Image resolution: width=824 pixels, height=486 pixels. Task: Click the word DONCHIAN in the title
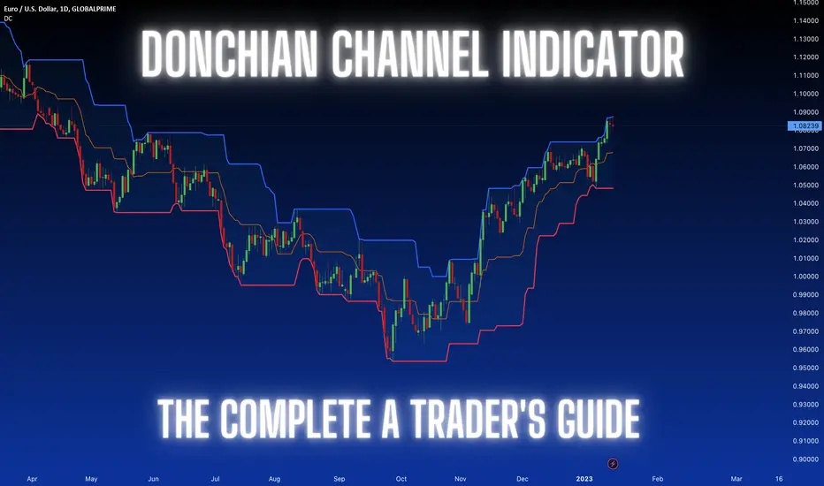click(229, 53)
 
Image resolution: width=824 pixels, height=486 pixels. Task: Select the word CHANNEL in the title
click(410, 53)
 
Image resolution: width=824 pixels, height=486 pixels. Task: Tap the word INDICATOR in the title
click(593, 53)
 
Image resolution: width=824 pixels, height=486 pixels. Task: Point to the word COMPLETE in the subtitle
click(295, 418)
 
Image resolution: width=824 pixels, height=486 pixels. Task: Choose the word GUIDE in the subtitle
click(599, 418)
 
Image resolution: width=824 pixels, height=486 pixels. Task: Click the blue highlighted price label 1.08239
click(805, 126)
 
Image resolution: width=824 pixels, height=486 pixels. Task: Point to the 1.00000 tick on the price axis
click(805, 277)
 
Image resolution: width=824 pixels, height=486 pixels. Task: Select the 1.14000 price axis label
click(805, 20)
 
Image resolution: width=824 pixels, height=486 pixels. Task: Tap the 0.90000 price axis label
click(805, 459)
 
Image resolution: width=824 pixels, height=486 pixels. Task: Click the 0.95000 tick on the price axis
click(805, 368)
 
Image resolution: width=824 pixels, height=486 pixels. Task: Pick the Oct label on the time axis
click(401, 479)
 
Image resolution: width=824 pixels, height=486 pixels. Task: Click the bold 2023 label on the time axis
click(584, 479)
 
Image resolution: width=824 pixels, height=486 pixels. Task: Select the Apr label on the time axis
click(32, 479)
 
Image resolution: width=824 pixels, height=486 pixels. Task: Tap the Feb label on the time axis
click(658, 479)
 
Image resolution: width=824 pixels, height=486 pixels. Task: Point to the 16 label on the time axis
click(779, 479)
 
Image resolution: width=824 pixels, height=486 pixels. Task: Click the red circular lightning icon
click(613, 463)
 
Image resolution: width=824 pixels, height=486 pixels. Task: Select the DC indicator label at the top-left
click(8, 19)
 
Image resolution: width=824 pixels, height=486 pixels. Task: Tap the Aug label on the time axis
click(274, 479)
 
